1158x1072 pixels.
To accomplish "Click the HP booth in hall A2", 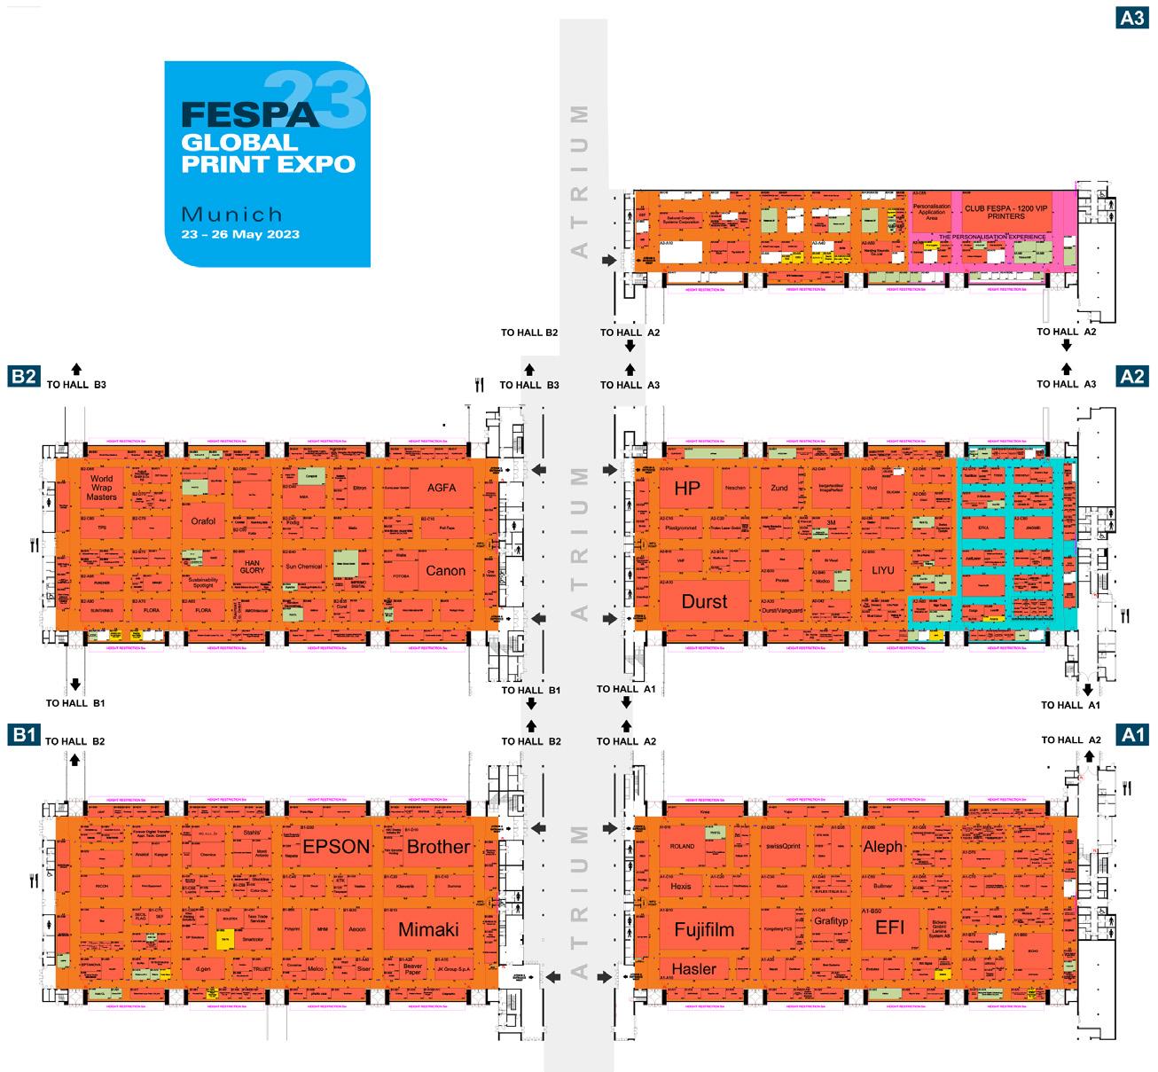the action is pyautogui.click(x=686, y=489).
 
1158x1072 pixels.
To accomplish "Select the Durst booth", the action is pyautogui.click(x=704, y=601).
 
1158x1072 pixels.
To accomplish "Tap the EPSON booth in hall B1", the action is pyautogui.click(x=335, y=847).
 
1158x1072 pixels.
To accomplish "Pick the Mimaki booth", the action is pyautogui.click(x=428, y=929).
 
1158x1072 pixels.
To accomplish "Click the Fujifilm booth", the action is pyautogui.click(x=704, y=930).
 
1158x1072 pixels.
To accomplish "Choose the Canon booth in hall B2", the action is pyautogui.click(x=445, y=570).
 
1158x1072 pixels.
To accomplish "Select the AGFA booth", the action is pyautogui.click(x=441, y=488).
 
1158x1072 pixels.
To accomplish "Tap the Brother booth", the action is pyautogui.click(x=438, y=847).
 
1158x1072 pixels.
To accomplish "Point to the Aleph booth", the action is pyautogui.click(x=882, y=847).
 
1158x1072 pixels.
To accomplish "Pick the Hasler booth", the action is pyautogui.click(x=693, y=969).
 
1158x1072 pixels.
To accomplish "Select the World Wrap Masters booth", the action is pyautogui.click(x=102, y=488).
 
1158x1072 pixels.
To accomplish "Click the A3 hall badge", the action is pyautogui.click(x=1132, y=16).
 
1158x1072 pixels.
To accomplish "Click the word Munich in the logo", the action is pyautogui.click(x=231, y=214).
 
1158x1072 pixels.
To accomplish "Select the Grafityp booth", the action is pyautogui.click(x=830, y=921).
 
